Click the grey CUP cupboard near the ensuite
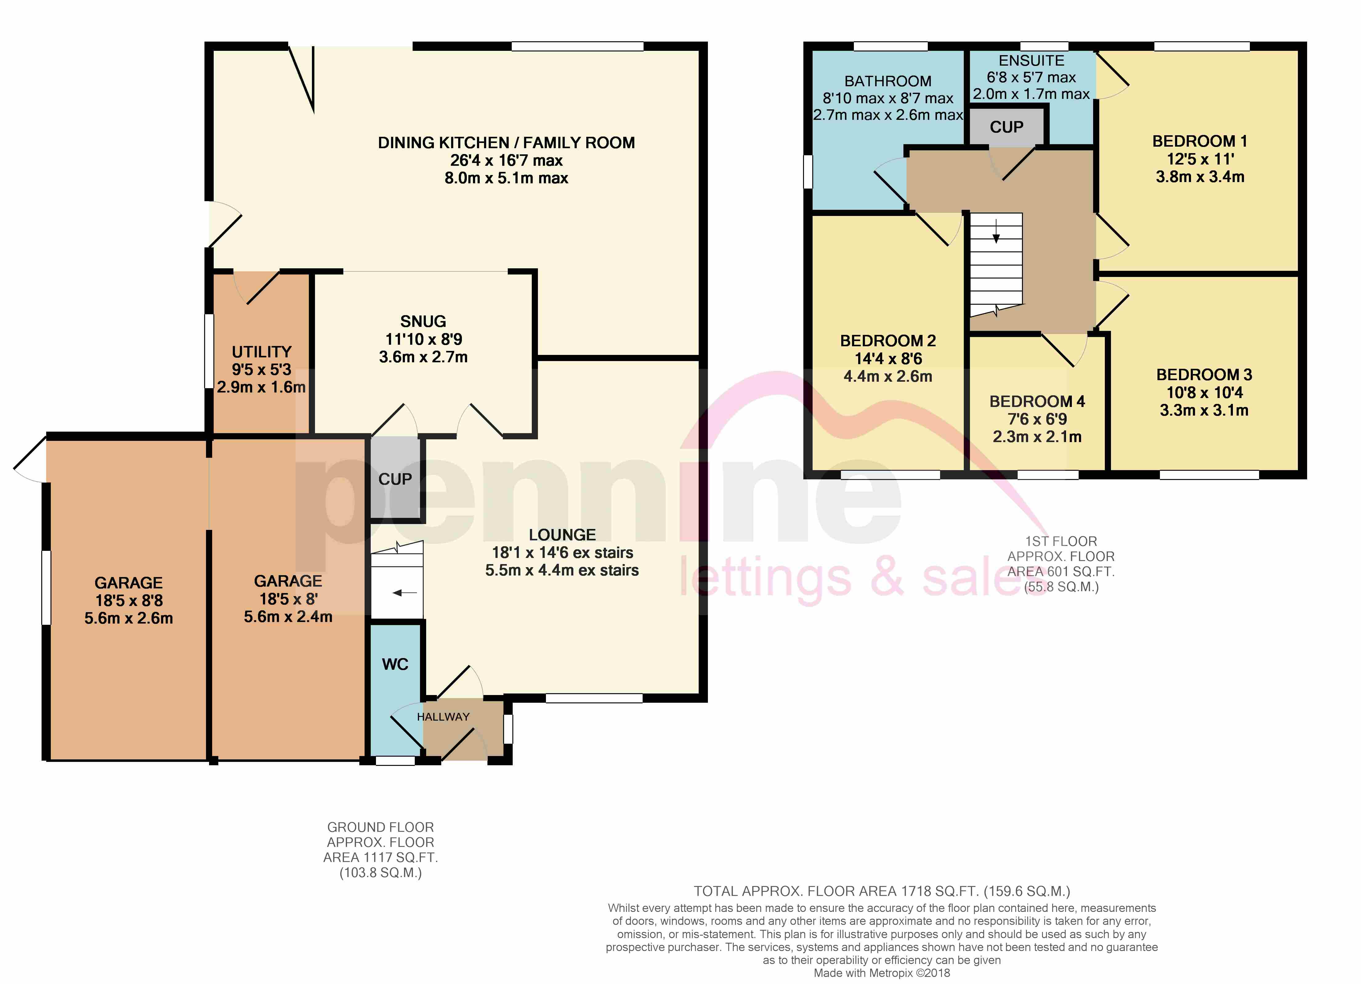pos(1006,127)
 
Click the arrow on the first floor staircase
pos(996,232)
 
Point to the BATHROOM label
pos(888,81)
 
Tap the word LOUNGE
pos(562,535)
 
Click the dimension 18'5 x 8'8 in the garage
pos(129,600)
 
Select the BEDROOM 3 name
pos(1204,375)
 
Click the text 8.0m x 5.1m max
pos(507,178)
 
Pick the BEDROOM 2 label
pos(888,341)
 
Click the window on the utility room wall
pos(209,351)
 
